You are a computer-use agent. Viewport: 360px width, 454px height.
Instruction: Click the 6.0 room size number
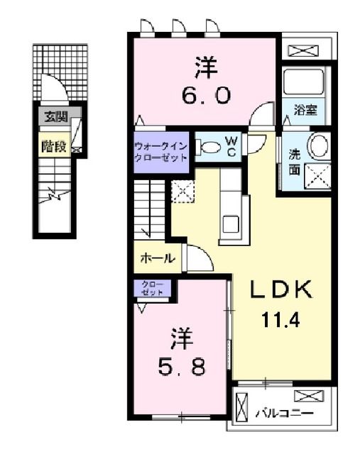pyautogui.click(x=207, y=96)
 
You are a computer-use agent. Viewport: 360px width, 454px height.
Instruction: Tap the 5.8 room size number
pyautogui.click(x=182, y=367)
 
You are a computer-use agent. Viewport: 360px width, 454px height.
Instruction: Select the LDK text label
pyautogui.click(x=281, y=289)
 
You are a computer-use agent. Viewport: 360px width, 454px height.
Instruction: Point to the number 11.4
pyautogui.click(x=280, y=320)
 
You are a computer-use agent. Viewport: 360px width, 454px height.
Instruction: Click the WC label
pyautogui.click(x=232, y=147)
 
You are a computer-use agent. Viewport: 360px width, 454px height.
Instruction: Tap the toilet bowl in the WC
pyautogui.click(x=209, y=147)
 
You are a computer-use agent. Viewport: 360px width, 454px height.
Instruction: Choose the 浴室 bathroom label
pyautogui.click(x=305, y=110)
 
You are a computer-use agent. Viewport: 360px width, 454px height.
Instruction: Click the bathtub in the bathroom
pyautogui.click(x=303, y=82)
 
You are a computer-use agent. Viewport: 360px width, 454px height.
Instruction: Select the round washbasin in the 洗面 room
pyautogui.click(x=318, y=145)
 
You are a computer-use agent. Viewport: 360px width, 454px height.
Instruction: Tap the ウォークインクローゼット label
pyautogui.click(x=161, y=153)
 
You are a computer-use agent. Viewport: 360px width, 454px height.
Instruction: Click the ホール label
pyautogui.click(x=158, y=258)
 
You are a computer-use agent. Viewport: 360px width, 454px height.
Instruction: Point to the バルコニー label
pyautogui.click(x=284, y=413)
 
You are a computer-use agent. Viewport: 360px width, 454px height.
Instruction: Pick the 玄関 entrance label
pyautogui.click(x=55, y=116)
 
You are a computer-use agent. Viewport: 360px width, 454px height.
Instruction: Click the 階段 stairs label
pyautogui.click(x=54, y=146)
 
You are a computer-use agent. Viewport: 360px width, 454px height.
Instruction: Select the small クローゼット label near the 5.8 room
pyautogui.click(x=153, y=289)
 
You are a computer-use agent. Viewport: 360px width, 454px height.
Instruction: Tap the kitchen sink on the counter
pyautogui.click(x=231, y=224)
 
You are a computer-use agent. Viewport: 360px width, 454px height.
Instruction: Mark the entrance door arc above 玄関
pyautogui.click(x=62, y=82)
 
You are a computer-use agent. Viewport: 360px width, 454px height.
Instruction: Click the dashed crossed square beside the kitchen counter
pyautogui.click(x=182, y=192)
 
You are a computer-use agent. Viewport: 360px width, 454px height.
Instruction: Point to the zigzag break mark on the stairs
pyautogui.click(x=54, y=195)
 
